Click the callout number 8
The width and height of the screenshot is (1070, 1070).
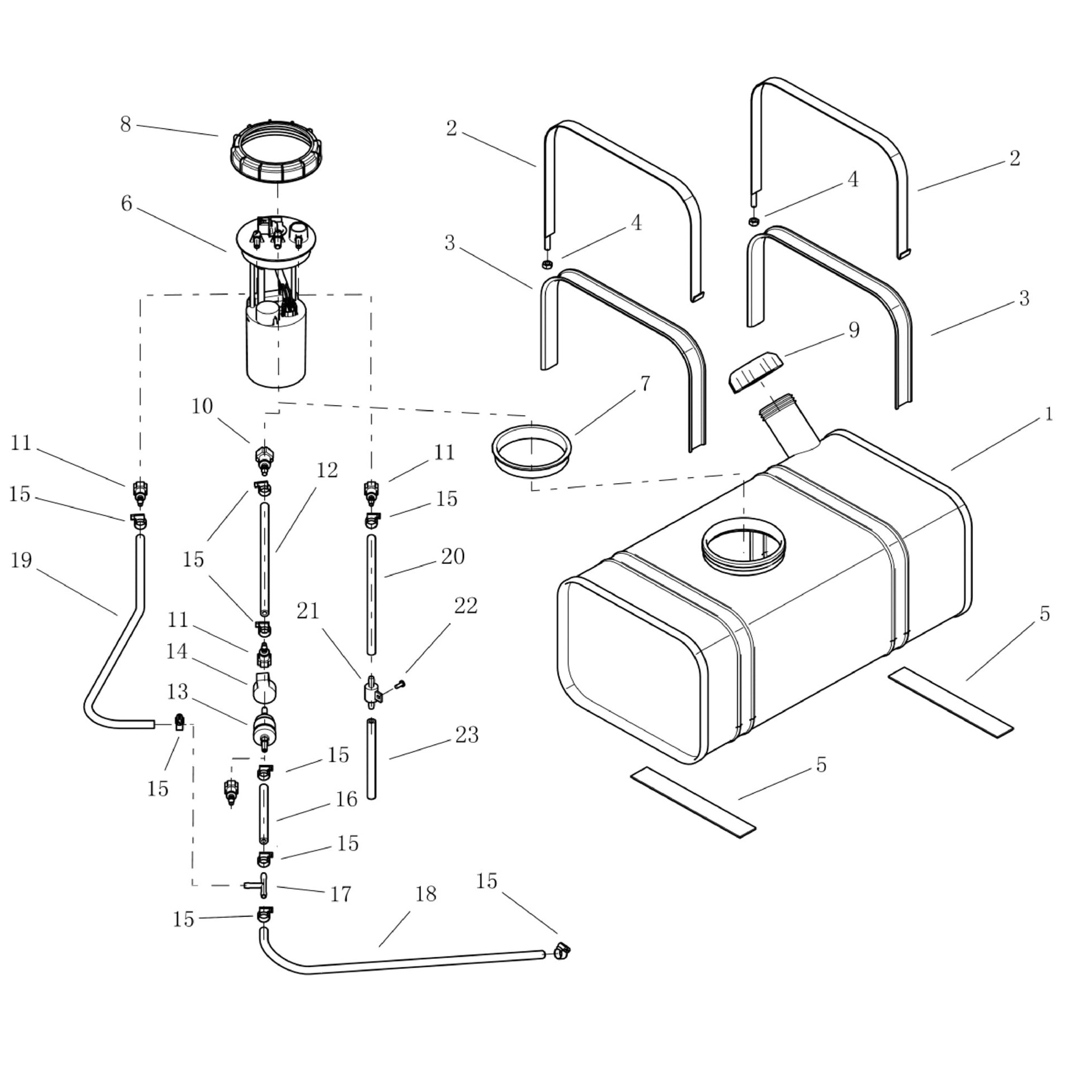point(126,125)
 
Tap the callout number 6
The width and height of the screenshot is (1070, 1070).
point(126,204)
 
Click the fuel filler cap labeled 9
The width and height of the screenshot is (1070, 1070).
point(756,372)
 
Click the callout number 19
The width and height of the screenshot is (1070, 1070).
point(21,560)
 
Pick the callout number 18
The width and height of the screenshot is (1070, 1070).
point(425,893)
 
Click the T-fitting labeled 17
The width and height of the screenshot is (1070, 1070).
point(259,884)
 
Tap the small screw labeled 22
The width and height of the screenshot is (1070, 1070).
point(400,685)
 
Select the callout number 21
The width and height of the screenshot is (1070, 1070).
point(308,611)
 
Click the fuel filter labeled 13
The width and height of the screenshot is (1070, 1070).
point(264,730)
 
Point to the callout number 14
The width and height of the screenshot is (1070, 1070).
point(177,651)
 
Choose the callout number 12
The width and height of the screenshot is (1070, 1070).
point(327,470)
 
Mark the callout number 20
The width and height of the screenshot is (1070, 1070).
point(453,556)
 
